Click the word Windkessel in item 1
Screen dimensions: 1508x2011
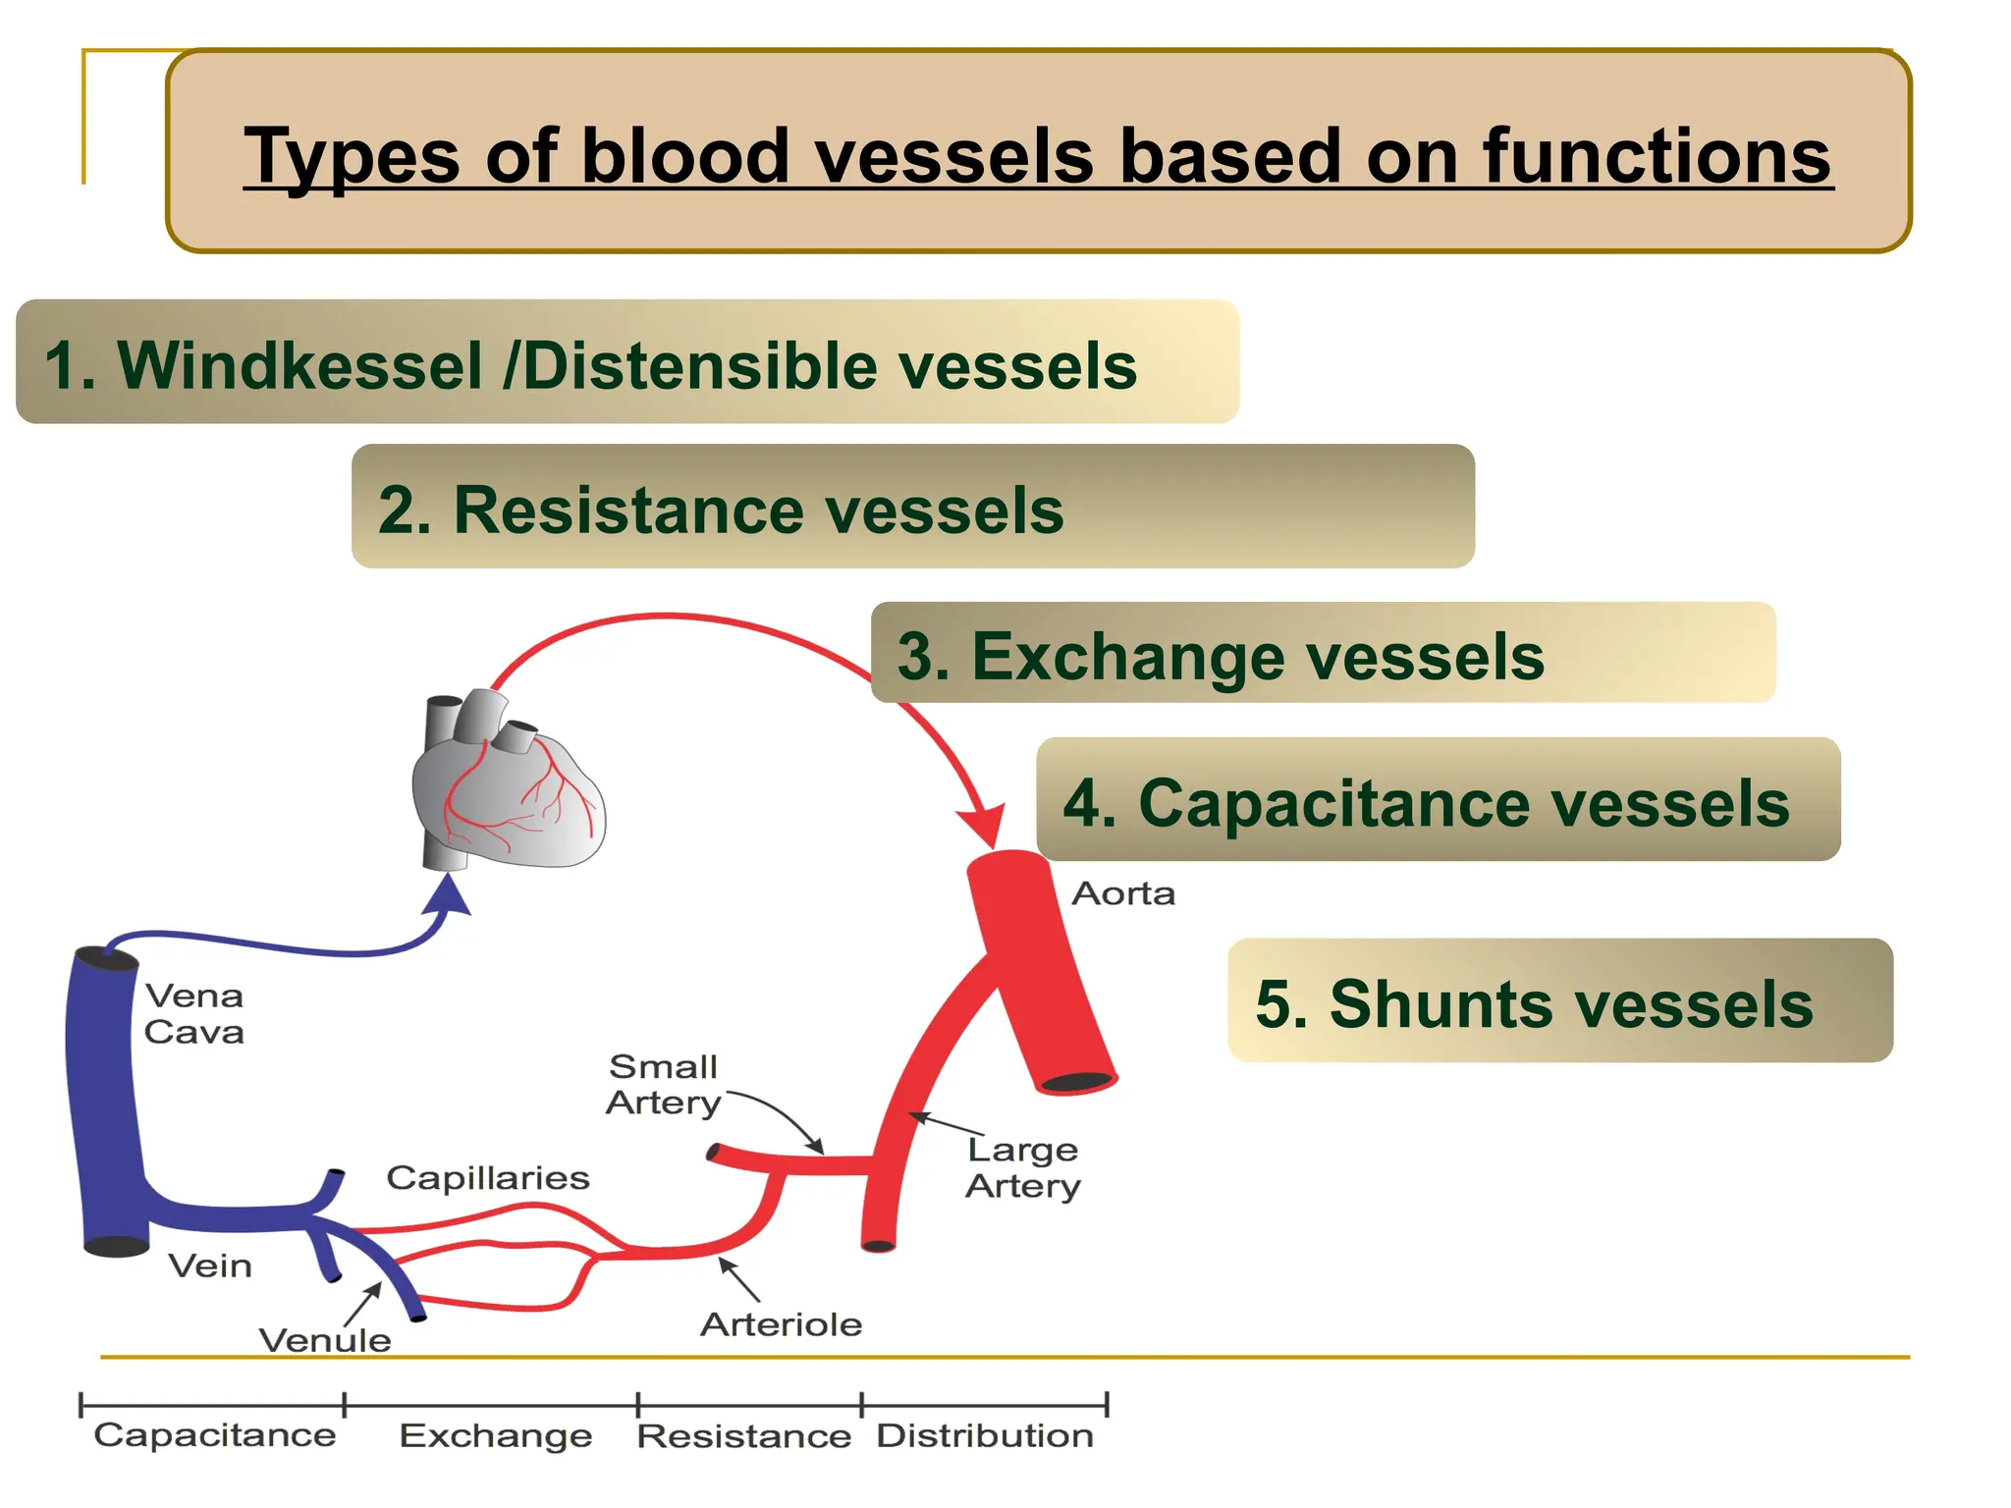299,366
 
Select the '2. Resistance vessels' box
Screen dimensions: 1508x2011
912,507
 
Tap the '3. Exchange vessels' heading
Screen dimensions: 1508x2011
1322,653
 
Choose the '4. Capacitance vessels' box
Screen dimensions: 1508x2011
1438,800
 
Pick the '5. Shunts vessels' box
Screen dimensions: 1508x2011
1559,1001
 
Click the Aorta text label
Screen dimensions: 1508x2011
1123,893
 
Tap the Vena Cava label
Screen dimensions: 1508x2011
194,1014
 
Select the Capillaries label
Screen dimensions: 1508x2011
488,1177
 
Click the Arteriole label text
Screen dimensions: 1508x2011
782,1324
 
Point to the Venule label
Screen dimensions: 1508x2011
325,1340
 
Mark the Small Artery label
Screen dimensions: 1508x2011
664,1085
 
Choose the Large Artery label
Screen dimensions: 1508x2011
1023,1167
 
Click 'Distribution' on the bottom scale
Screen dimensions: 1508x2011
985,1435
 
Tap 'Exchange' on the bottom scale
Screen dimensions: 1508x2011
496,1435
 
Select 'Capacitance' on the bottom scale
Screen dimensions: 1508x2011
215,1435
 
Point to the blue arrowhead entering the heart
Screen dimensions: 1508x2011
448,895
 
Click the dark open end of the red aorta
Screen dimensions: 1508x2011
1076,1082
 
